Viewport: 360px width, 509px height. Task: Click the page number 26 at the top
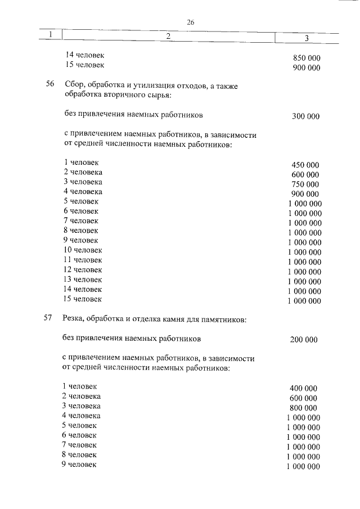pos(190,22)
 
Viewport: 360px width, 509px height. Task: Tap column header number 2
pos(168,36)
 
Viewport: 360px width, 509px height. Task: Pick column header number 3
pos(307,38)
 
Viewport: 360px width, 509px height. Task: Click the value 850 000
pos(307,58)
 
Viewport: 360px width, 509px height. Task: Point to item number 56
pos(49,84)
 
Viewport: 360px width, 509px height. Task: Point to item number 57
pos(48,319)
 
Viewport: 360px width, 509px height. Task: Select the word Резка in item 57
pos(74,319)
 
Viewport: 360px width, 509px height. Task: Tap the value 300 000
pos(305,116)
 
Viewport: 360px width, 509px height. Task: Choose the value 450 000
pos(305,165)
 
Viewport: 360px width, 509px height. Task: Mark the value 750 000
pos(305,184)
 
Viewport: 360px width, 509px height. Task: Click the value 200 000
pos(304,339)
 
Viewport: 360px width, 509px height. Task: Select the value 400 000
pos(303,388)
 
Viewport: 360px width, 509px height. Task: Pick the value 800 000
pos(303,407)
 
